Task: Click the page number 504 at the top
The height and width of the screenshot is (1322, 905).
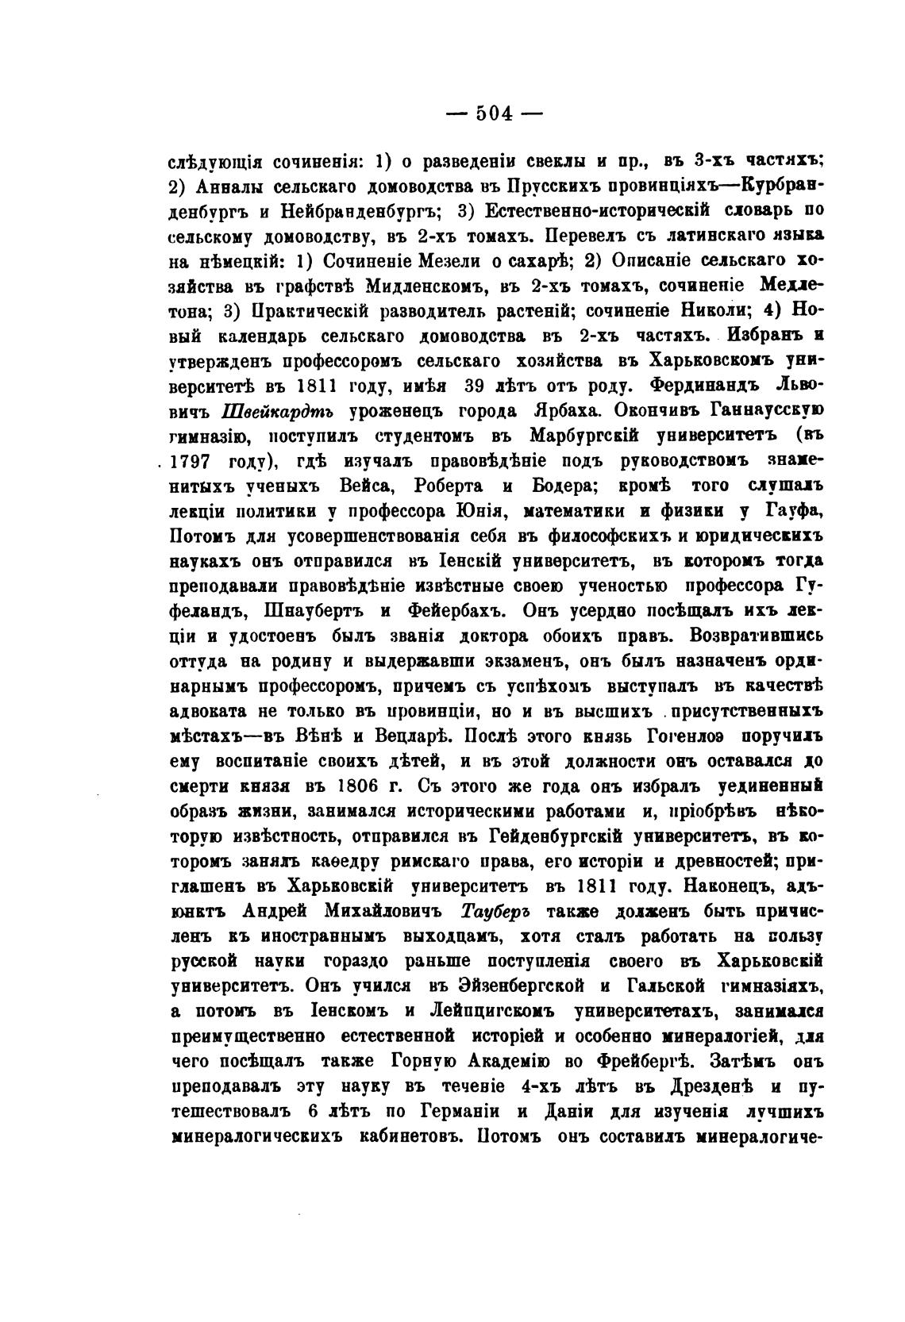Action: click(x=494, y=113)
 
